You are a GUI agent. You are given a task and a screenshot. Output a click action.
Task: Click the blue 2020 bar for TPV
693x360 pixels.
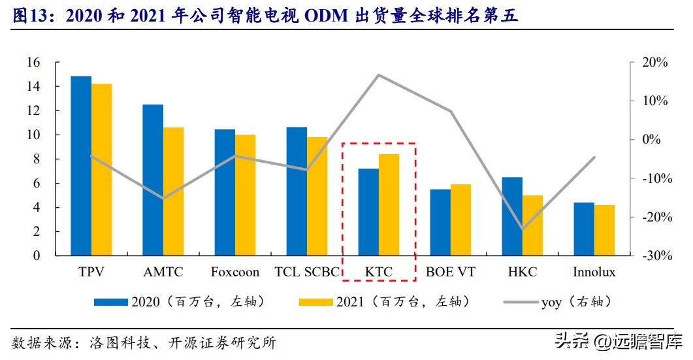coord(81,166)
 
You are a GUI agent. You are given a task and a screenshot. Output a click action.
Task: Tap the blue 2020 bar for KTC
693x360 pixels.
coord(368,212)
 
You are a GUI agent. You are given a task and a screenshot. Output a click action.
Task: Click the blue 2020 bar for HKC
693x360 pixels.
coord(512,216)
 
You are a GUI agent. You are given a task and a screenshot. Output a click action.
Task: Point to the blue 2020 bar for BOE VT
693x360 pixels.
coord(440,222)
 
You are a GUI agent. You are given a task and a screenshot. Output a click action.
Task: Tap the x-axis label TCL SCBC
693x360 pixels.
coord(307,272)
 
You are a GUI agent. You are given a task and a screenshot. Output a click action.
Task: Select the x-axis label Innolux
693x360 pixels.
coord(594,272)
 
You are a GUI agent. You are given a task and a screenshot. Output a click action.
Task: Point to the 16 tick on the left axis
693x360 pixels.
coord(33,63)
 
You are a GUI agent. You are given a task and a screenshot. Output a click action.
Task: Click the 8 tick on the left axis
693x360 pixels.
coord(37,159)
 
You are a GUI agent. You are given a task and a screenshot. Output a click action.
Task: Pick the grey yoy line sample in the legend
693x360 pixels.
coord(521,302)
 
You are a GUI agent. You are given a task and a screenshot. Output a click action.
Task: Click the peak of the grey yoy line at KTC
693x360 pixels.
coord(379,75)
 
